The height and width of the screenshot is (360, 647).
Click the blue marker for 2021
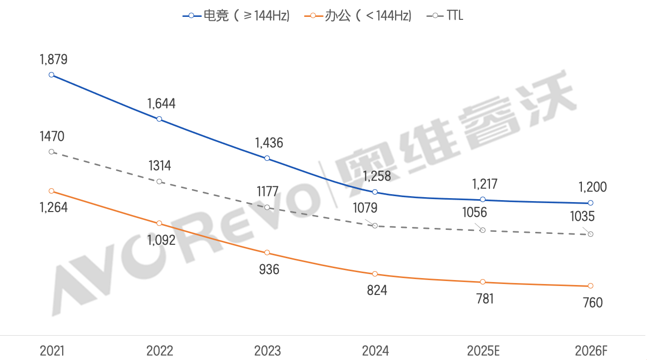coord(51,75)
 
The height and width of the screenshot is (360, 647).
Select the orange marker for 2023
coord(267,253)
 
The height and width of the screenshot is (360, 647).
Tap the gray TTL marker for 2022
coord(159,181)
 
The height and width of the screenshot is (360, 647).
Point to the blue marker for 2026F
coord(590,203)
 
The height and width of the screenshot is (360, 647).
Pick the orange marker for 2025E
coord(483,282)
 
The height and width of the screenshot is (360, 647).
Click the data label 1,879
coord(53,60)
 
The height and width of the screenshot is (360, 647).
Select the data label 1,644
coord(161,104)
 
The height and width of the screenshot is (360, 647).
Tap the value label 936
coord(269,270)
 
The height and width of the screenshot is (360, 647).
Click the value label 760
coord(592,302)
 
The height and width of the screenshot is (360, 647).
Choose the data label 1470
coord(52,137)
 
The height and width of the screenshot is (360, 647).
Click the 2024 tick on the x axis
coord(375,351)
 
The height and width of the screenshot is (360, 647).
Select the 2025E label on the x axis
coord(483,351)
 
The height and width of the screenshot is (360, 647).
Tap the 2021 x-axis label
coord(52,351)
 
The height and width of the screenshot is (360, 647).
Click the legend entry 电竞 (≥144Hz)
coord(237,16)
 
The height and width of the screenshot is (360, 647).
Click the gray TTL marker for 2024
coord(375,225)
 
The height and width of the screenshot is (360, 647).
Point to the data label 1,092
coord(161,240)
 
